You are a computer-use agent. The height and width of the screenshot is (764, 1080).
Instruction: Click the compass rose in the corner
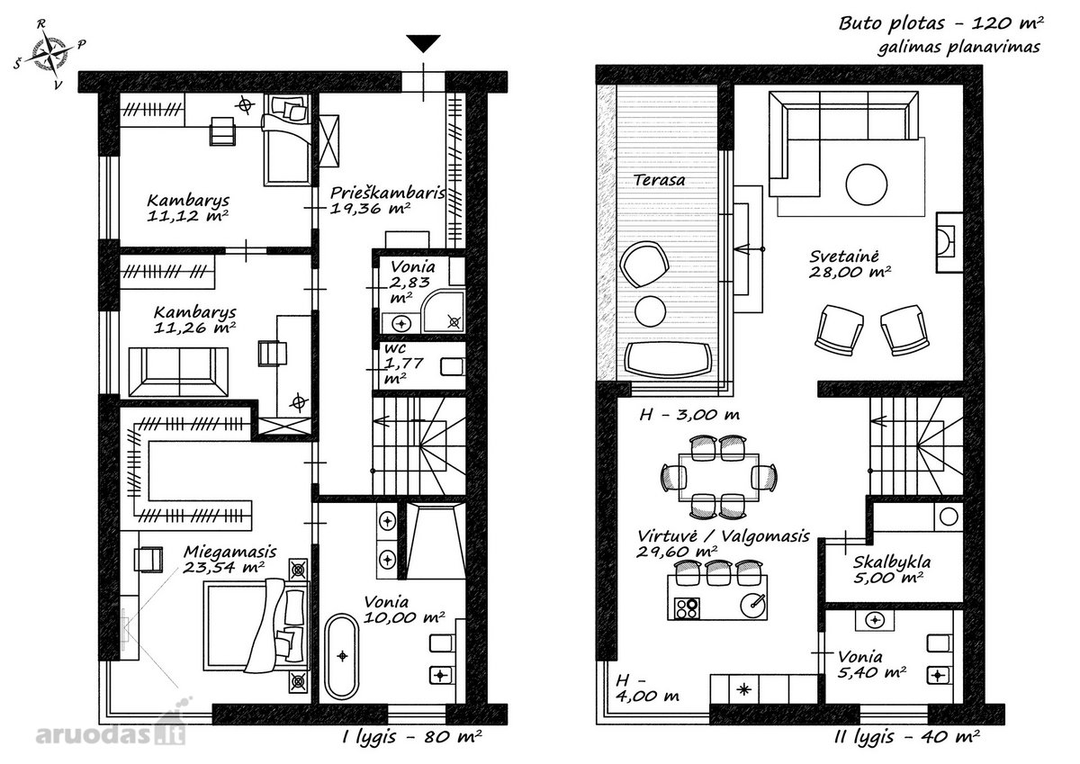pyautogui.click(x=49, y=53)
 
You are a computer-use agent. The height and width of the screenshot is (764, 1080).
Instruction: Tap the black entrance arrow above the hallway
pyautogui.click(x=423, y=43)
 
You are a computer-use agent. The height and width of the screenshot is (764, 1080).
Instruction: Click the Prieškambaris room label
pyautogui.click(x=387, y=193)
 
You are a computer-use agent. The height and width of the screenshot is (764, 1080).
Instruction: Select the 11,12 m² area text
pyautogui.click(x=187, y=215)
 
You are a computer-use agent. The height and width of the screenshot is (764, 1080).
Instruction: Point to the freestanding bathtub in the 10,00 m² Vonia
pyautogui.click(x=342, y=655)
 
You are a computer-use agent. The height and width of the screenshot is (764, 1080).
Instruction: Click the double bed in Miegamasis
pyautogui.click(x=256, y=625)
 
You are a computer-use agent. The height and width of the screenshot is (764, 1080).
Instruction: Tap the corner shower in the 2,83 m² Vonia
pyautogui.click(x=443, y=310)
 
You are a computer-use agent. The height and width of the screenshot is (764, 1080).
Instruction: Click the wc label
pyautogui.click(x=395, y=348)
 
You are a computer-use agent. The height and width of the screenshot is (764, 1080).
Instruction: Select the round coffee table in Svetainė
pyautogui.click(x=866, y=184)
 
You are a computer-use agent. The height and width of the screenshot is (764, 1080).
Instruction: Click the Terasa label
pyautogui.click(x=659, y=180)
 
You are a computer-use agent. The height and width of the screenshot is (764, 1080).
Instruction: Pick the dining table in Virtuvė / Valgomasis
pyautogui.click(x=718, y=478)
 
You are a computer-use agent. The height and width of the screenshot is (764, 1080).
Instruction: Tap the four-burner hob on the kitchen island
pyautogui.click(x=687, y=607)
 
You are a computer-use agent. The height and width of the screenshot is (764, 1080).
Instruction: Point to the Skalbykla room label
pyautogui.click(x=892, y=562)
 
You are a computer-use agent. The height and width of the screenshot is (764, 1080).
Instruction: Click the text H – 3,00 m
pyautogui.click(x=689, y=415)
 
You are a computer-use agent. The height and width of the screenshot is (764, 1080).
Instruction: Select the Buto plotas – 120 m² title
pyautogui.click(x=940, y=23)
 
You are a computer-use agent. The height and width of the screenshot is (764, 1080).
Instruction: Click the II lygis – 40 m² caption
pyautogui.click(x=907, y=736)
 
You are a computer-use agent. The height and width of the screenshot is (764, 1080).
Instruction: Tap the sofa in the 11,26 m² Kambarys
pyautogui.click(x=178, y=372)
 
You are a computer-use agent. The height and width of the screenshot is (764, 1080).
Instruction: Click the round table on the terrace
pyautogui.click(x=651, y=310)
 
